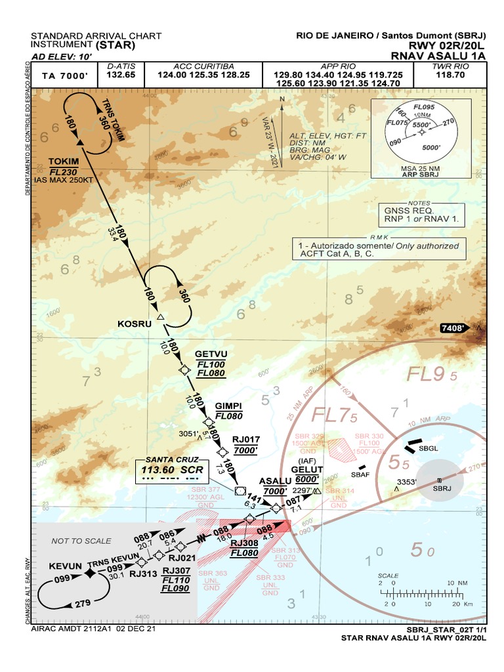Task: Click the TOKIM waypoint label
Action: [x=64, y=161]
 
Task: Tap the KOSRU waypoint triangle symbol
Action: [x=161, y=318]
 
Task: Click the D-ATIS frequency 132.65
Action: [x=121, y=75]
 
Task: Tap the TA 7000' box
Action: [x=64, y=75]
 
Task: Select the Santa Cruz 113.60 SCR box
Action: [x=173, y=469]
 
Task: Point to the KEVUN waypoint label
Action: [x=66, y=566]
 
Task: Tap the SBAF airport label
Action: [x=361, y=474]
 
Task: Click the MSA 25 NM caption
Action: [x=421, y=169]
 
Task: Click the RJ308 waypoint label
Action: [x=243, y=543]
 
